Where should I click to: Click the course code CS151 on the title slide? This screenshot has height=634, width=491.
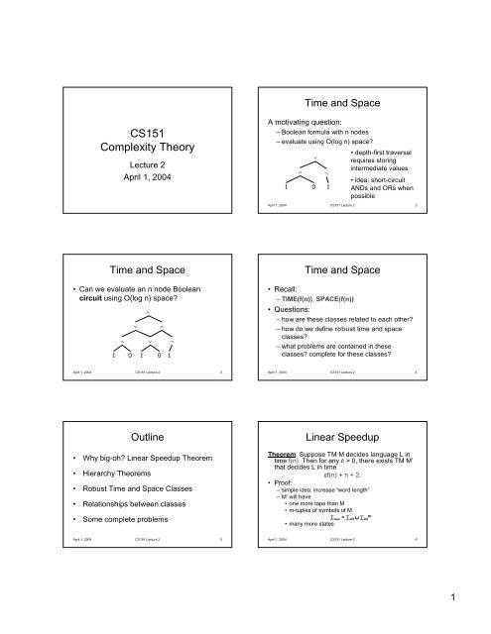tap(125, 130)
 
